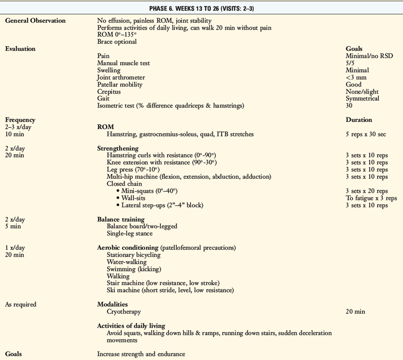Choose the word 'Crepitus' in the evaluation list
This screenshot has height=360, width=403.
(x=109, y=92)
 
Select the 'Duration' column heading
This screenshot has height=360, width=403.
(x=359, y=120)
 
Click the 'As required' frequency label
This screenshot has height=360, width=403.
(x=21, y=305)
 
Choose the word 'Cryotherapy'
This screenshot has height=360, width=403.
(x=124, y=312)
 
